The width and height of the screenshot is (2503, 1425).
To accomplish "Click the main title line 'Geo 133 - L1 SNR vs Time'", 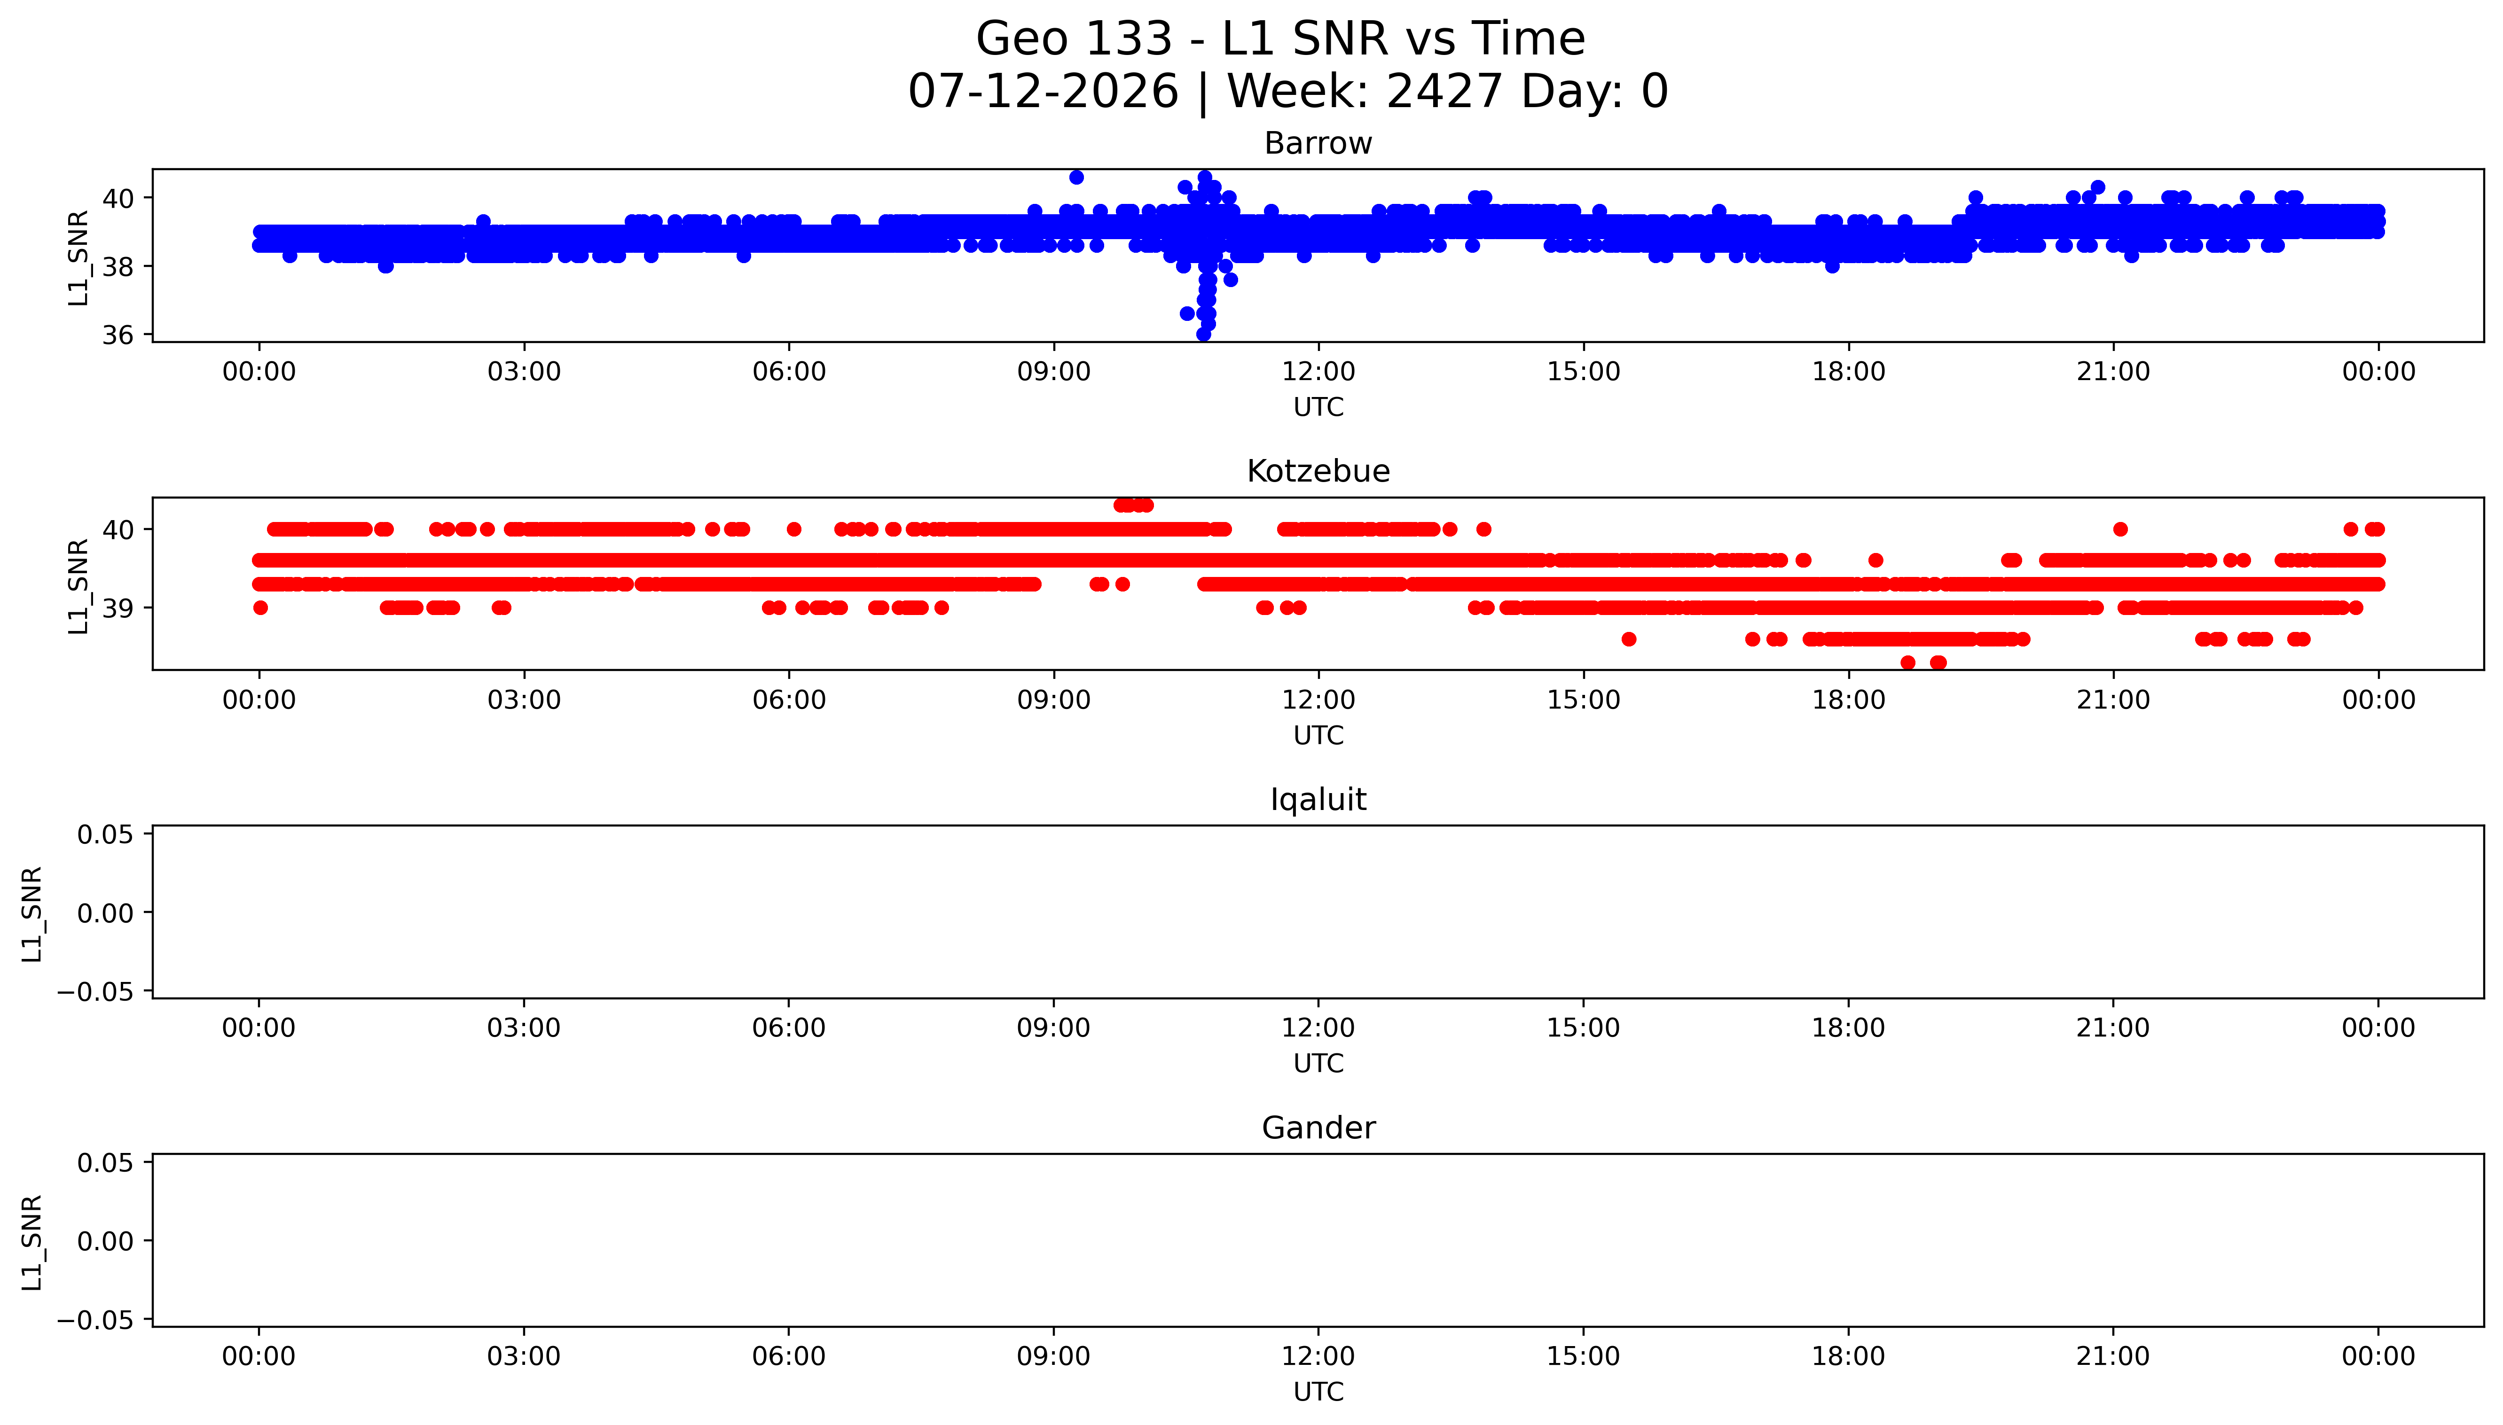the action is [x=1280, y=39].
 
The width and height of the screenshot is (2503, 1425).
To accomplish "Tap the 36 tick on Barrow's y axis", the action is [x=118, y=335].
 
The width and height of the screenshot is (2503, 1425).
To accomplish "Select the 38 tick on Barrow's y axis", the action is [x=118, y=266].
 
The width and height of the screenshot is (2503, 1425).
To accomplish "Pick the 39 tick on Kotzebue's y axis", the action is [x=118, y=608].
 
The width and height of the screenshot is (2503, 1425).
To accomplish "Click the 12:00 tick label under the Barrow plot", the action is [x=1318, y=372].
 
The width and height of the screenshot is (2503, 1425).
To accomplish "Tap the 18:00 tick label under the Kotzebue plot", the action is [x=1848, y=700].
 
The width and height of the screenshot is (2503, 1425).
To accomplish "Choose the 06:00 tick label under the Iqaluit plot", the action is [x=789, y=1028].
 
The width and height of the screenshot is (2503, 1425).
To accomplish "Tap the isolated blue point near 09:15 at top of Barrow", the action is [x=1077, y=177].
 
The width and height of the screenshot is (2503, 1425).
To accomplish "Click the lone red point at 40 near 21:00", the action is [x=2120, y=530].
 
